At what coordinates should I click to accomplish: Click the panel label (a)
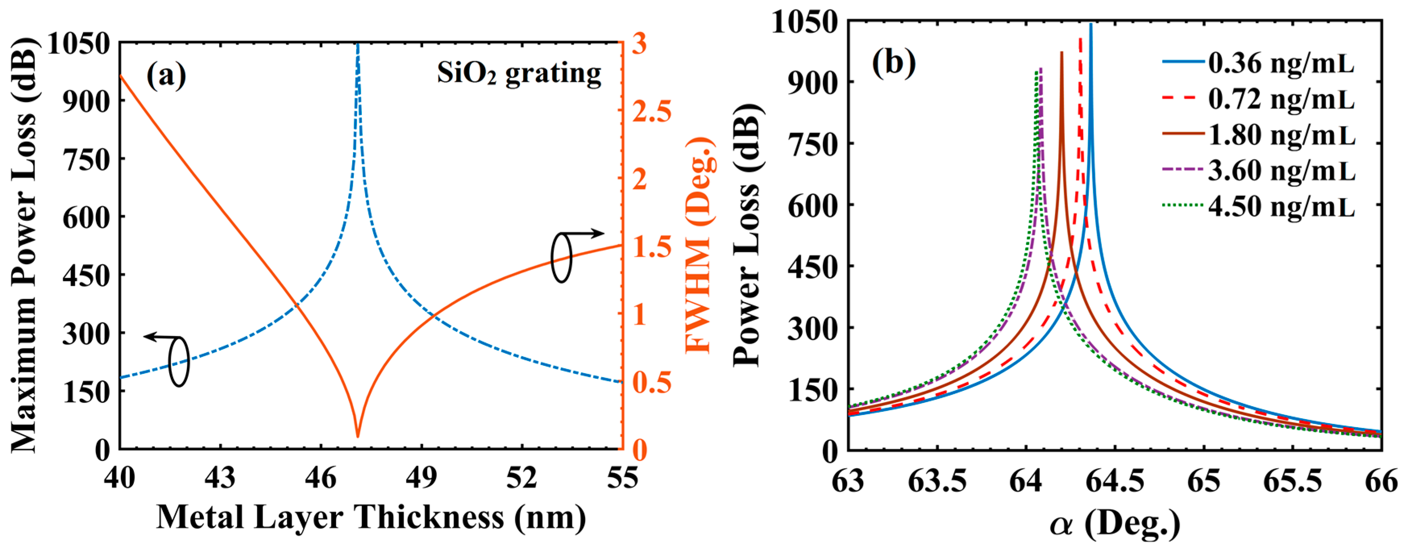tap(166, 76)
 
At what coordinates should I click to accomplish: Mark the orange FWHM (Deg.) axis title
tap(700, 245)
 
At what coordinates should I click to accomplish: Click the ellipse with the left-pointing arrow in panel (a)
tap(179, 362)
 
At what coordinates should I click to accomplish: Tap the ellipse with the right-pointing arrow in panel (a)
tap(561, 257)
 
